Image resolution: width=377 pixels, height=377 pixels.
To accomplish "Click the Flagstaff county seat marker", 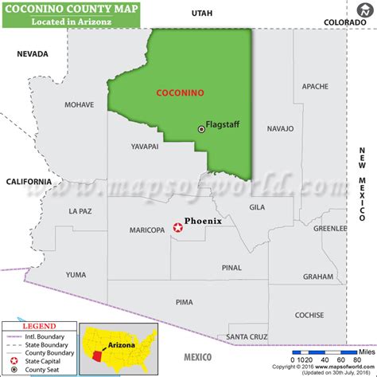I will (201, 129).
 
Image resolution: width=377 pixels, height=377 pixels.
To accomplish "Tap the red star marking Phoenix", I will (177, 228).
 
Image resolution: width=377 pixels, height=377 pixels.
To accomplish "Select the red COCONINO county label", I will (179, 93).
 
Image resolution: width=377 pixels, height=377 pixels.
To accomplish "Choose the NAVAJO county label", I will (280, 128).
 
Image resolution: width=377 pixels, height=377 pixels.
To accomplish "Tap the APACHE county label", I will (315, 86).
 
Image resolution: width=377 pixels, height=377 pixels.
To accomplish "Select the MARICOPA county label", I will (146, 230).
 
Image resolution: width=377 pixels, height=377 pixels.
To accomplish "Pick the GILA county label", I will (257, 207).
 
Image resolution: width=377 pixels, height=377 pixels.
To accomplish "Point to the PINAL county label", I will (232, 268).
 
